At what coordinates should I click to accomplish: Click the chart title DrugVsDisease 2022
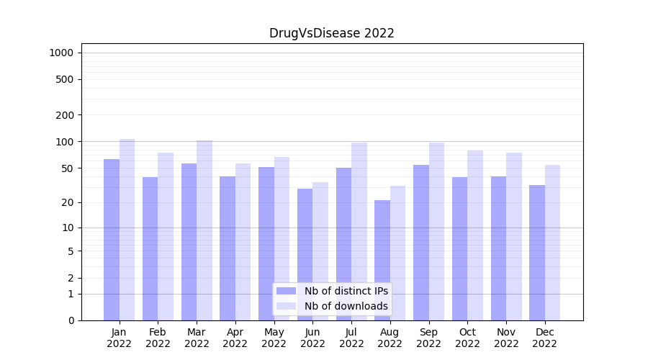pos(331,33)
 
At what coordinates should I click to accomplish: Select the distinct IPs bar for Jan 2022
pos(112,240)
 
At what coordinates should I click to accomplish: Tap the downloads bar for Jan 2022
pos(127,230)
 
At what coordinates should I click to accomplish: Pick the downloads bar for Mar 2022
pos(204,230)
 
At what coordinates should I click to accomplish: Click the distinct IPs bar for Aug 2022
pos(382,261)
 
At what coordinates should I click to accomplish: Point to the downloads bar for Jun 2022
pos(320,251)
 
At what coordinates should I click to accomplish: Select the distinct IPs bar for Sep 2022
pos(421,243)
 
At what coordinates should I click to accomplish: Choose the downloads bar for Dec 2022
pos(552,243)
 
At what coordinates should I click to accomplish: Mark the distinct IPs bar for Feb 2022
pos(150,249)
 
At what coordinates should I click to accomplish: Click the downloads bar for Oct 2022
pos(475,235)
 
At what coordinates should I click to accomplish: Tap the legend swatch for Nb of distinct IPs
pos(286,291)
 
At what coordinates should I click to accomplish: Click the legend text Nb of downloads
pos(346,306)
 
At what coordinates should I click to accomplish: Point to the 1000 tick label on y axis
pos(61,53)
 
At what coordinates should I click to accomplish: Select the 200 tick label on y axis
pos(65,115)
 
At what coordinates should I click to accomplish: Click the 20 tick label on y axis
pos(68,202)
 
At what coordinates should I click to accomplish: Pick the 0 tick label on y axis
pos(71,320)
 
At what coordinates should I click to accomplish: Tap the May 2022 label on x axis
pos(274,338)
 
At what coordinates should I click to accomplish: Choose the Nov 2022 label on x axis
pos(506,338)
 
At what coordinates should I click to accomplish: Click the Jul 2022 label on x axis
pos(351,338)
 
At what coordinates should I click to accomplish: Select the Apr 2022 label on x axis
pos(235,338)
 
